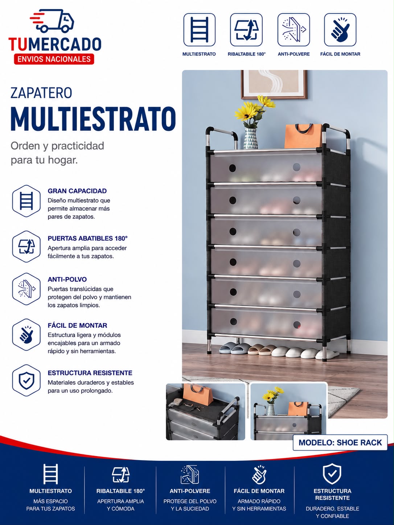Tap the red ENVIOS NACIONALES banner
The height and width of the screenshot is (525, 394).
[54, 59]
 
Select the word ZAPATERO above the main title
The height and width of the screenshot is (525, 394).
[41, 93]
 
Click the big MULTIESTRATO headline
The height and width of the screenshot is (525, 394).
[93, 119]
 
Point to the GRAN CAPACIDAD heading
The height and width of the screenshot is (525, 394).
[77, 191]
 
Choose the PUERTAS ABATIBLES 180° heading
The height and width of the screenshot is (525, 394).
[87, 238]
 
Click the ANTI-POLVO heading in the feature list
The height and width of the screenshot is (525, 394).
[67, 280]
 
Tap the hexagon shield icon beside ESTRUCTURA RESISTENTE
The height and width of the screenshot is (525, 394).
[26, 380]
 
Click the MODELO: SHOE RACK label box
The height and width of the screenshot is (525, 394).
[340, 442]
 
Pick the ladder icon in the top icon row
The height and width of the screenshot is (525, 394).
[199, 30]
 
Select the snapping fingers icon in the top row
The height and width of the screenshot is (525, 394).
[340, 30]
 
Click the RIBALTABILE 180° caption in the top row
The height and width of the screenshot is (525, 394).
[247, 54]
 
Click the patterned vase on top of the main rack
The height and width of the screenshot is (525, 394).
[250, 139]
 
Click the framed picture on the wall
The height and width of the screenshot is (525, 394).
[274, 84]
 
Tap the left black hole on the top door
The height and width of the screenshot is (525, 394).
[232, 168]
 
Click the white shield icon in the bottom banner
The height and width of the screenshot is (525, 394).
[332, 474]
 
